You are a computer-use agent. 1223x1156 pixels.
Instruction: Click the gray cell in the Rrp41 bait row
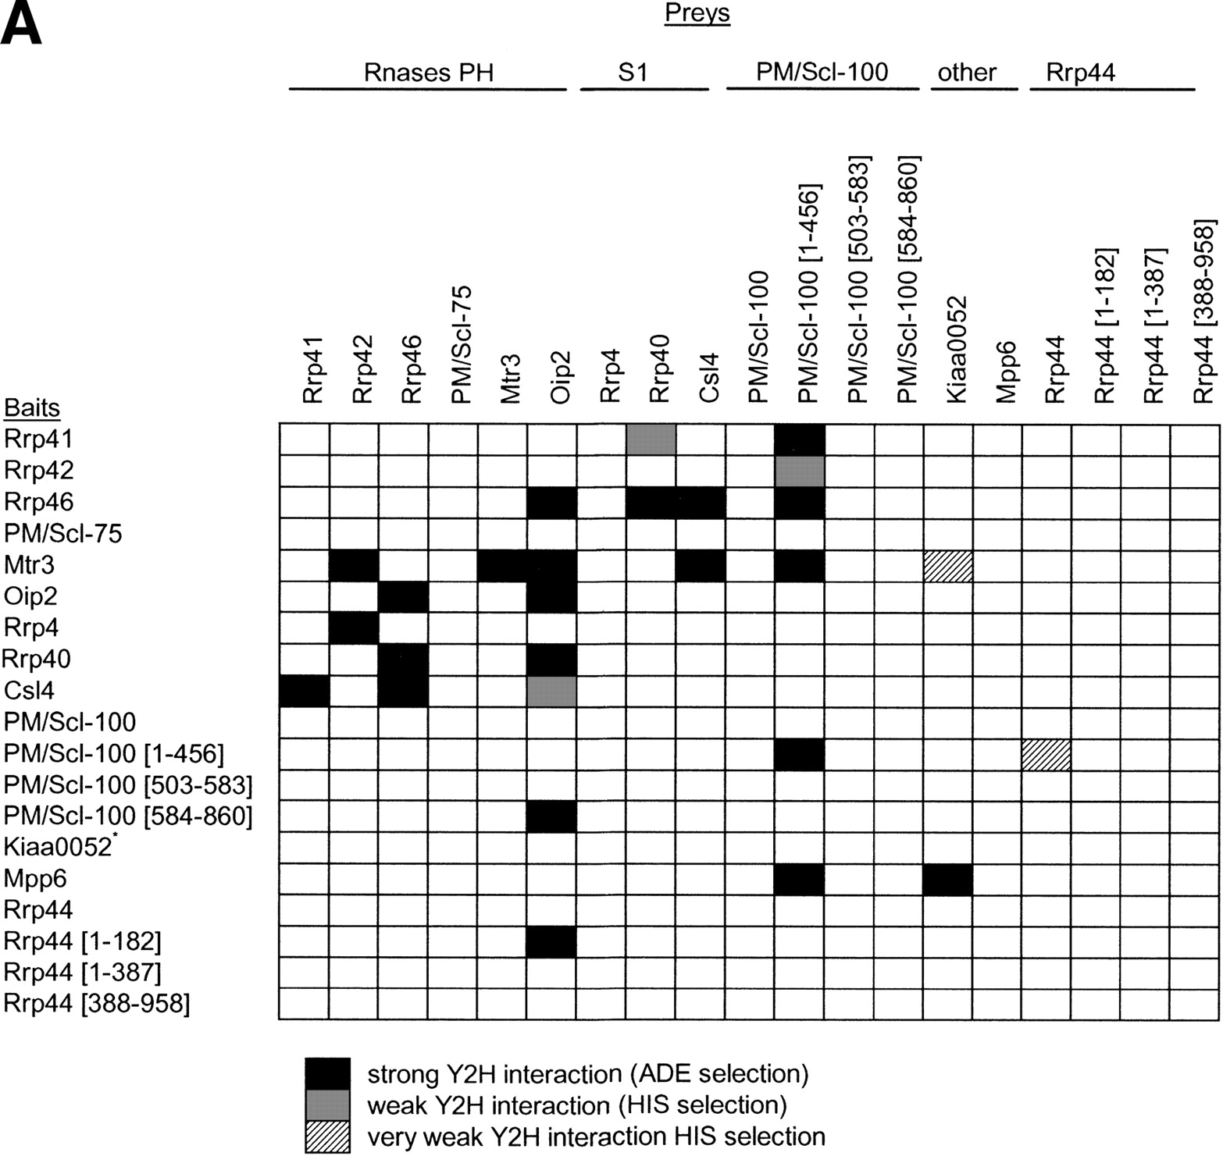click(651, 439)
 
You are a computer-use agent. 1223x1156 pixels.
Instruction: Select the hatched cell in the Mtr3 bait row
click(947, 565)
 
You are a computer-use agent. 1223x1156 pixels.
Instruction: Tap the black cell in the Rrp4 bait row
click(355, 628)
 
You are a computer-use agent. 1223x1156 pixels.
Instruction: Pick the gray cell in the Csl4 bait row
click(552, 691)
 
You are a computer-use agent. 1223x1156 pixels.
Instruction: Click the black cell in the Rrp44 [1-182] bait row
click(552, 941)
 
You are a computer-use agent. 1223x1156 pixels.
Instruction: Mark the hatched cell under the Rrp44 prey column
click(1046, 754)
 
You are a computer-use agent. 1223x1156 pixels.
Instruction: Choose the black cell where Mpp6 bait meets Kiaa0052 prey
click(947, 879)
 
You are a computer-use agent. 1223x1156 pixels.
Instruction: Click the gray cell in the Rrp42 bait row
click(800, 470)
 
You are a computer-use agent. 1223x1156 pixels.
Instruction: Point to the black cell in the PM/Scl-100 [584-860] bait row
click(552, 816)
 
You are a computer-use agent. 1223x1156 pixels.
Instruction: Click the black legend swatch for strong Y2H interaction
click(328, 1074)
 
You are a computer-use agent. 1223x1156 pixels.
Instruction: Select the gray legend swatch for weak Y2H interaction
click(328, 1105)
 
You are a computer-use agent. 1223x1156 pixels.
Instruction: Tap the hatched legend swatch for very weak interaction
click(328, 1137)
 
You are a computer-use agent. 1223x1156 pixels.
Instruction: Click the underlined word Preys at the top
click(697, 14)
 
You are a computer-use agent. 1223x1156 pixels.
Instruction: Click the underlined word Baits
click(32, 407)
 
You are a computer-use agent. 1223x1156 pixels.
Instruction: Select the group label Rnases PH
click(428, 73)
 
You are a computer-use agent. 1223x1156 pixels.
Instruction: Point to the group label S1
click(633, 73)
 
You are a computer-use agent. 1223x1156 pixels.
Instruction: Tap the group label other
click(967, 73)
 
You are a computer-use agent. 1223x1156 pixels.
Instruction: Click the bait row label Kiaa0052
click(59, 848)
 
